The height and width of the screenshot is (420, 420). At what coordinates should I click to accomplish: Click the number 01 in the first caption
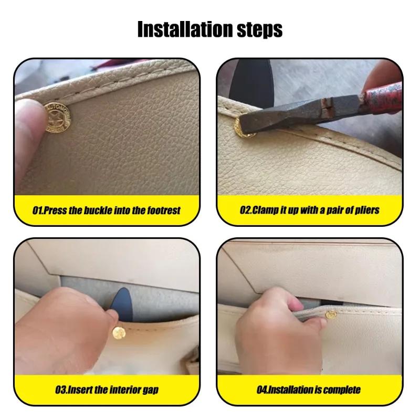pyautogui.click(x=37, y=210)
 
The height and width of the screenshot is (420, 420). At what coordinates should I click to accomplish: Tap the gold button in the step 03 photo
pyautogui.click(x=118, y=332)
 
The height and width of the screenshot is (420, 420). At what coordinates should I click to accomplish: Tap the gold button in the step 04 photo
pyautogui.click(x=331, y=315)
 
